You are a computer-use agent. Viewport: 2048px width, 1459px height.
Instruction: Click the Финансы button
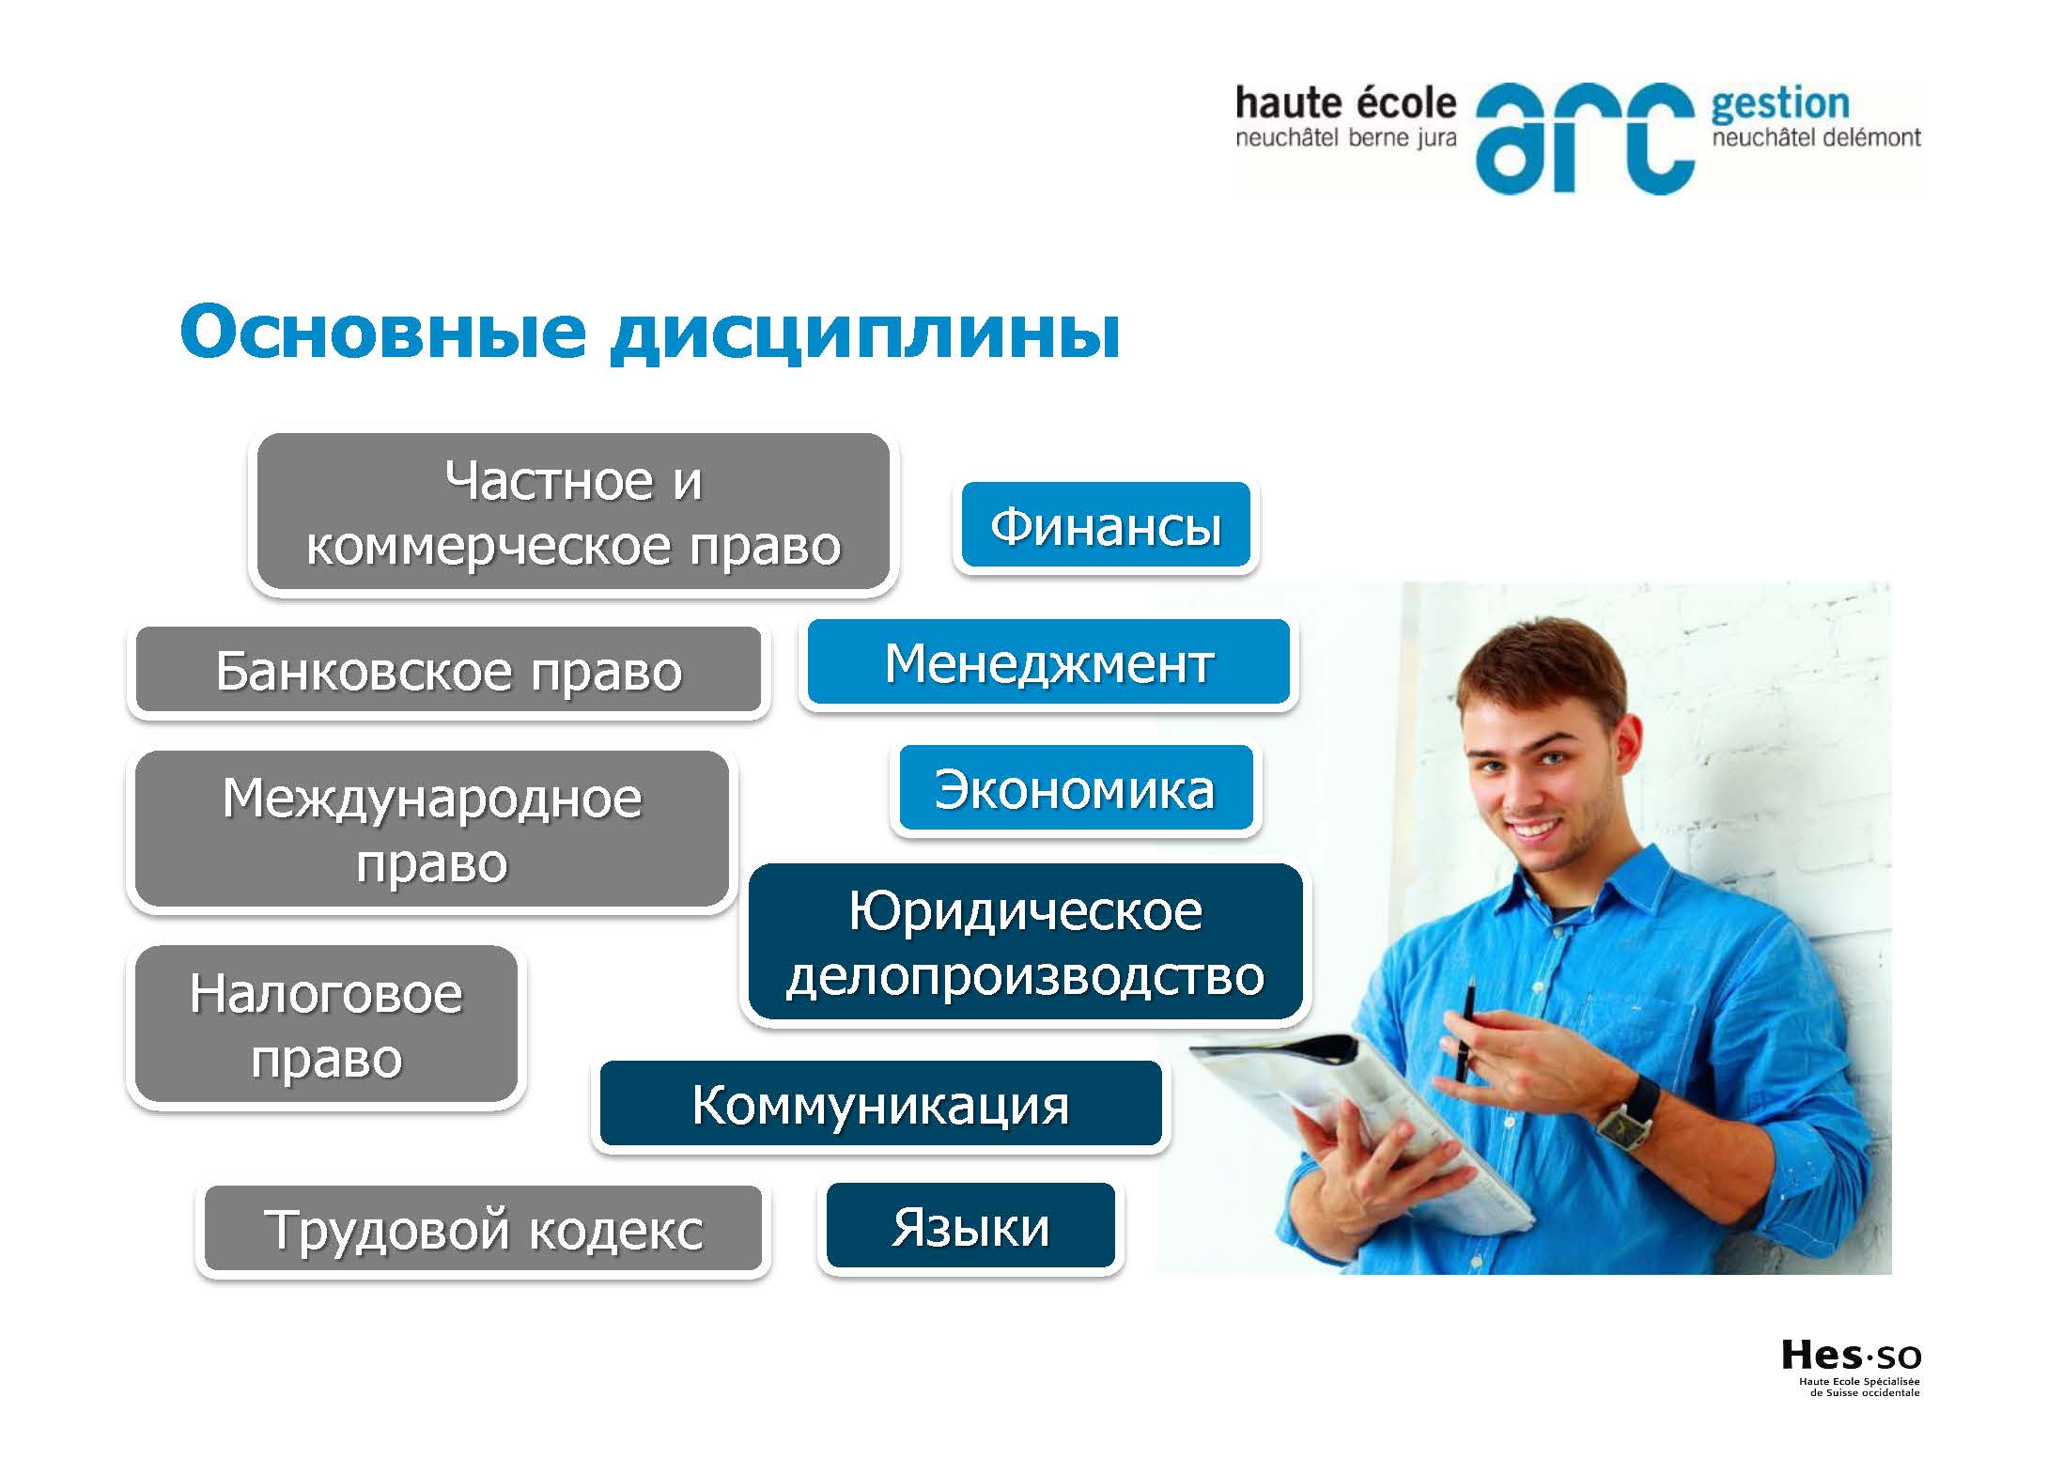tap(1106, 525)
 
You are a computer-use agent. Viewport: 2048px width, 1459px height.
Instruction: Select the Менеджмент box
tap(1048, 661)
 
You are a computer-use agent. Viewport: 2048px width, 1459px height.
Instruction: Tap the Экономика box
tap(1076, 788)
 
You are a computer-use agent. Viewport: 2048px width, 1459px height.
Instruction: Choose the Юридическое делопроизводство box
tap(1025, 942)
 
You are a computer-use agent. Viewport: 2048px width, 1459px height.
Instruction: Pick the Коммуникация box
tap(880, 1104)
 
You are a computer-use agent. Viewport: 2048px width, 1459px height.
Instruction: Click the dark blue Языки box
tap(970, 1226)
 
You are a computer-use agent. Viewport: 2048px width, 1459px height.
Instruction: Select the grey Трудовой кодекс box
tap(483, 1229)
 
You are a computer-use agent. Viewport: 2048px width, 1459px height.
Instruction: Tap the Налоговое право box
tap(326, 1024)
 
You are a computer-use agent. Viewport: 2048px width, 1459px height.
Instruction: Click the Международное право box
tap(432, 829)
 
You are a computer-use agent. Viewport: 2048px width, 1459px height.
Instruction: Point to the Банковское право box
tap(448, 670)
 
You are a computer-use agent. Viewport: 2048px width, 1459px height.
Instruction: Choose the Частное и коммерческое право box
tap(573, 512)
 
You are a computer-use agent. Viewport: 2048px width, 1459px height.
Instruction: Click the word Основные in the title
tap(383, 332)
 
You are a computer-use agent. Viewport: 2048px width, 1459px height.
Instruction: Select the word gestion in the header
tap(1779, 105)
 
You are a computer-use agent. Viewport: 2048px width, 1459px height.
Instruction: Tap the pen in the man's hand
tap(1466, 1028)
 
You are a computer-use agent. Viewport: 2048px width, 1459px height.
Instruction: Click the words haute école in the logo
tap(1345, 102)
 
